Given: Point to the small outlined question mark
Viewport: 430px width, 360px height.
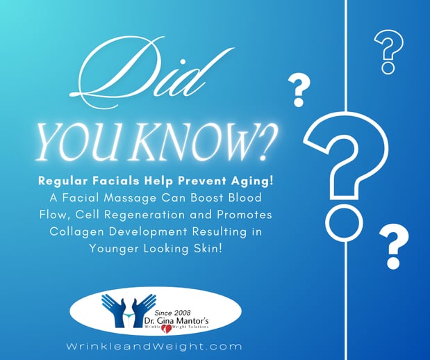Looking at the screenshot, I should click(389, 51).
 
